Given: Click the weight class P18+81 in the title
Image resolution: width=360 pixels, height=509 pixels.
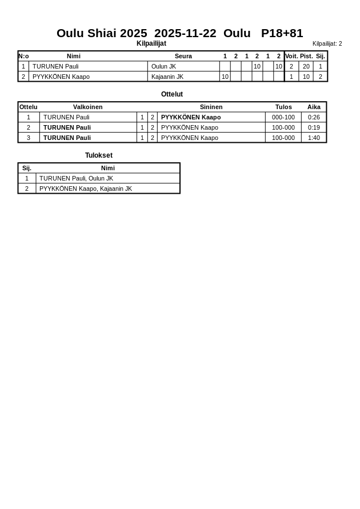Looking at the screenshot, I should tap(282, 33).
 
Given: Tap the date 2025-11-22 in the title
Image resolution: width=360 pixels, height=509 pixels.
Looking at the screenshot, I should tap(185, 33).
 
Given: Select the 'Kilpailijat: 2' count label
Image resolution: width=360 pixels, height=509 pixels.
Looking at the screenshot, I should tap(327, 44).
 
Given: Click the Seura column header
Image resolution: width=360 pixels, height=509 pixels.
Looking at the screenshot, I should tap(183, 56).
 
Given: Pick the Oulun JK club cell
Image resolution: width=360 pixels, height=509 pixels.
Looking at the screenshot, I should tap(163, 66).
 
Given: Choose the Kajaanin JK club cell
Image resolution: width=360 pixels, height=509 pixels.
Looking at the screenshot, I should tap(167, 77).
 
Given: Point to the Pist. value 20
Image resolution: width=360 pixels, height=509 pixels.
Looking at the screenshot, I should tap(306, 66).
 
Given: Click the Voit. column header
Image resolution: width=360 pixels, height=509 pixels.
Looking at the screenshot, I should tap(291, 56).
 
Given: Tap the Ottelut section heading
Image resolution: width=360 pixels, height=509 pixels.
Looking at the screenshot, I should tap(172, 94).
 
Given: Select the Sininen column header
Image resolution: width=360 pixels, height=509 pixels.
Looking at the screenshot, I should tap(211, 107).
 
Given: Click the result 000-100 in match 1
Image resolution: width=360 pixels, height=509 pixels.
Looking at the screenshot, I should tap(283, 117).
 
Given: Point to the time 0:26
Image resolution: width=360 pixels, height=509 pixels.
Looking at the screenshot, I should tap(314, 117).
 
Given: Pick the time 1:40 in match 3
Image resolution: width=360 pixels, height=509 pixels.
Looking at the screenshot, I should tap(314, 138).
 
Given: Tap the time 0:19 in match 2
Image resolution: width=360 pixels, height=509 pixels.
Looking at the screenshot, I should tap(314, 127).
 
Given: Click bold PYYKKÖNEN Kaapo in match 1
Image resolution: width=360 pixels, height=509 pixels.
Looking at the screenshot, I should tap(191, 117).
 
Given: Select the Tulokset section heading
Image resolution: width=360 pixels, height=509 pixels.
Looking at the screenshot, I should tap(99, 155).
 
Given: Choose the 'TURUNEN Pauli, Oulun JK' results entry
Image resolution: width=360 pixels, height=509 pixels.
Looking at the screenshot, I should tap(76, 178).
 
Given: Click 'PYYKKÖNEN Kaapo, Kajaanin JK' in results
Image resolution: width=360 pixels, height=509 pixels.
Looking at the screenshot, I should tap(86, 189).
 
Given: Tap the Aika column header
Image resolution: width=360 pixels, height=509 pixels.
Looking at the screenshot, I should tap(314, 107).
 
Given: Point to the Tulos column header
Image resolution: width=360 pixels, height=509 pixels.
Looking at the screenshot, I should tap(283, 107).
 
